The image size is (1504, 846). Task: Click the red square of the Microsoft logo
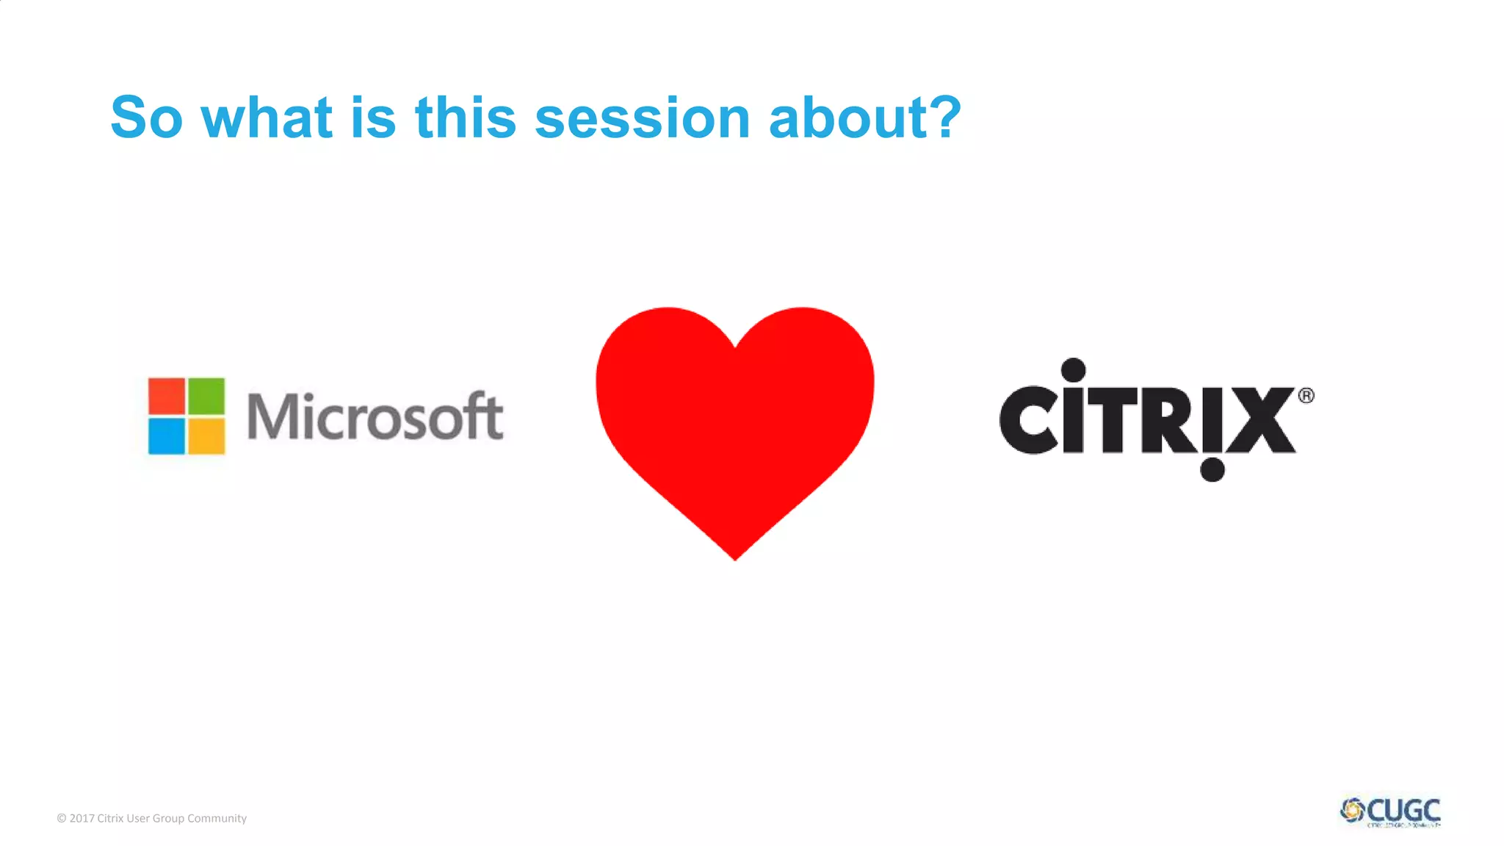(167, 397)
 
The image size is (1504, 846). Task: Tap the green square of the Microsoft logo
(206, 397)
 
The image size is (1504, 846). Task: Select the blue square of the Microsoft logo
(167, 436)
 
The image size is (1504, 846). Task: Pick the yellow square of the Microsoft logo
(206, 436)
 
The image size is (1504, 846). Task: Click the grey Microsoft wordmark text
(375, 416)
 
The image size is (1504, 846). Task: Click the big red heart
(734, 419)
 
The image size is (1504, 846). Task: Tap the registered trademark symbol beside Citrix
(1306, 396)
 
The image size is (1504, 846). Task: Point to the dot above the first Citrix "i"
(1073, 370)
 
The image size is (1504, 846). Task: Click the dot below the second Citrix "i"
(1212, 469)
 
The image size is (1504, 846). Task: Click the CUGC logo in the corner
(1390, 811)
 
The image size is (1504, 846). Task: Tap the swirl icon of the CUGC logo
(1352, 811)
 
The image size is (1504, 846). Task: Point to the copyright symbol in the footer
(62, 818)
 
